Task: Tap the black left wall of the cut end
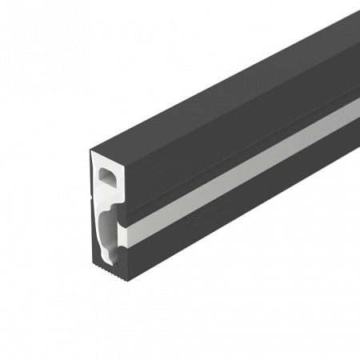91,208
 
